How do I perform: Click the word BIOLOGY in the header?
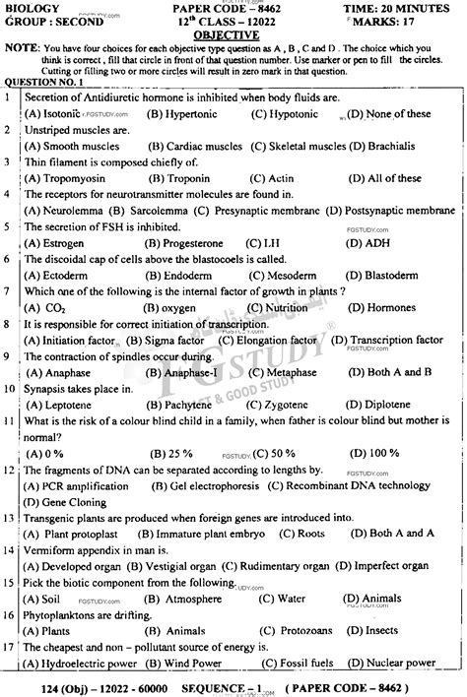pyautogui.click(x=29, y=7)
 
